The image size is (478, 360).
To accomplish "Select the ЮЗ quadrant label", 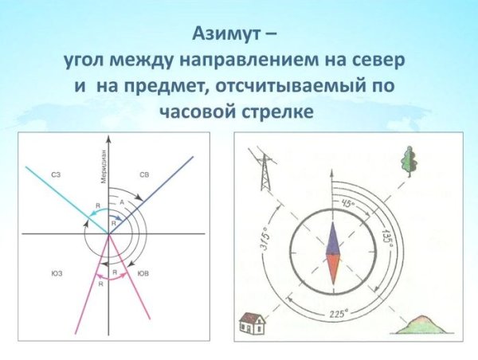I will click(x=57, y=273).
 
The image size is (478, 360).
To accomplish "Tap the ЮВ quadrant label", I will click(x=143, y=273).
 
